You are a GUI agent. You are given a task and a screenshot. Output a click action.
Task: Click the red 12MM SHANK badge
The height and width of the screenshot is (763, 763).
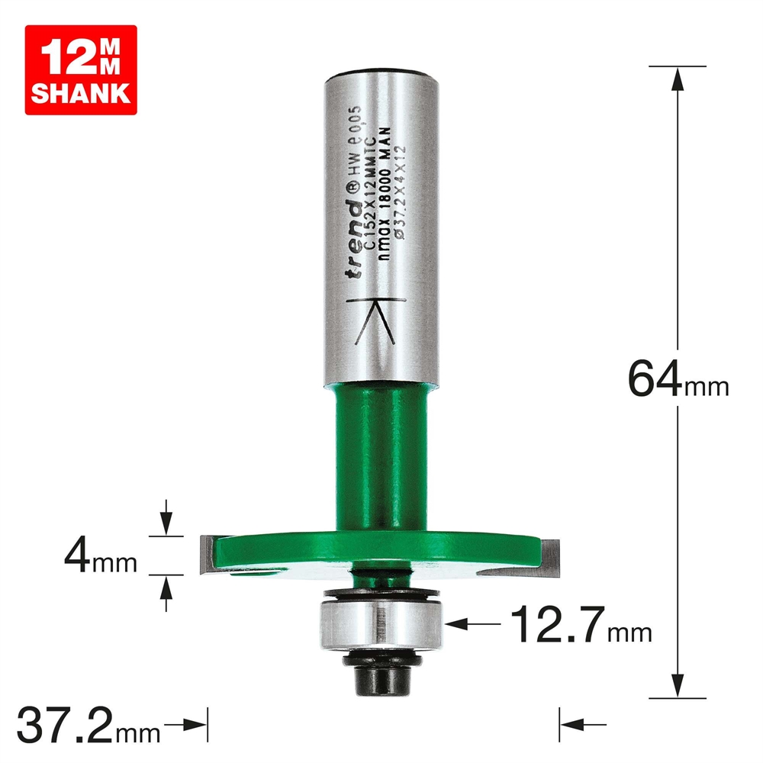pyautogui.click(x=80, y=69)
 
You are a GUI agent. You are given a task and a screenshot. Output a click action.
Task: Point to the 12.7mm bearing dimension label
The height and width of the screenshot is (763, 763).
pyautogui.click(x=581, y=623)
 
